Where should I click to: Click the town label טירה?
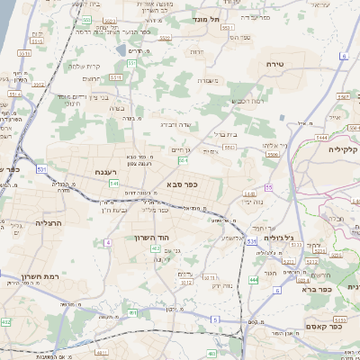[275, 65]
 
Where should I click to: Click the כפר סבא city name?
[183, 184]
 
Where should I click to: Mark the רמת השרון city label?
[39, 277]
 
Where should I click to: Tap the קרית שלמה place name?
[85, 67]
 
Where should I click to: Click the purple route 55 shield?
[268, 187]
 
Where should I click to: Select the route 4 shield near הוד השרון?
[108, 242]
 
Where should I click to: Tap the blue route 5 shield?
[215, 319]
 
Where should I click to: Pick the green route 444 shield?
[254, 280]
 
